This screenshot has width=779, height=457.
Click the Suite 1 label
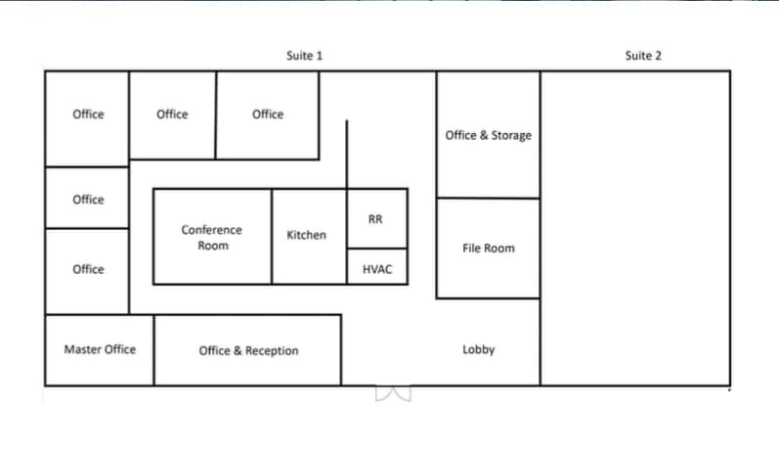(x=304, y=56)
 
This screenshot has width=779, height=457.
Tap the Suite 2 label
(x=643, y=56)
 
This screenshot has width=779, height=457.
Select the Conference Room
(x=212, y=237)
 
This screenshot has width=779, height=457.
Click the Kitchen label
(x=306, y=235)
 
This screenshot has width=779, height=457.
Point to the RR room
(x=375, y=219)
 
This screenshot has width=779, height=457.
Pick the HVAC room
(x=376, y=268)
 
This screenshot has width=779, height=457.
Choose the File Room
(x=488, y=249)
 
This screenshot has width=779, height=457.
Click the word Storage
(x=511, y=135)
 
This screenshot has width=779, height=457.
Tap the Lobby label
(x=478, y=349)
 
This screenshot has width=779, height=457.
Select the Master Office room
(x=100, y=349)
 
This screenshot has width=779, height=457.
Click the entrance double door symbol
(x=394, y=393)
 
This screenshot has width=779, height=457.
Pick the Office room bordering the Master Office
(x=87, y=270)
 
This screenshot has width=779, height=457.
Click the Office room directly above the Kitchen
(x=267, y=114)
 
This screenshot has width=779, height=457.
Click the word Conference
(x=212, y=230)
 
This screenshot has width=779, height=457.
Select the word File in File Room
(x=472, y=249)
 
